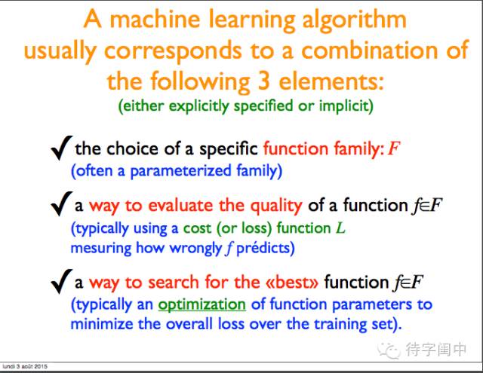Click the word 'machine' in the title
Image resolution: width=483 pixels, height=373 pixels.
pos(155,19)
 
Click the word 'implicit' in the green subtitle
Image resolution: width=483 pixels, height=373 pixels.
pos(346,106)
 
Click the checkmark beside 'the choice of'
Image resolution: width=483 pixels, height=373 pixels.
pos(61,148)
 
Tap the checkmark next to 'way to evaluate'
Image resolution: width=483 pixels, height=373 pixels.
pos(61,203)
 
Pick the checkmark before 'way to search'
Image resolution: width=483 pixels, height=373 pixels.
pos(61,281)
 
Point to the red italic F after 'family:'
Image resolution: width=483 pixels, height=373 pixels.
pos(393,148)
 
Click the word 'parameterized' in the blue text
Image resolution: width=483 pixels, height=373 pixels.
pos(180,171)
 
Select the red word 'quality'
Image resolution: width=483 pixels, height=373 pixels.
pos(276,206)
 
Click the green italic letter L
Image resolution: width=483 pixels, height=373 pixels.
pos(340,228)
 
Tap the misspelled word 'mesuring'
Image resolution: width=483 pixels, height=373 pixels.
pos(101,249)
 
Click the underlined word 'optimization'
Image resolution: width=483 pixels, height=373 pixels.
pos(202,304)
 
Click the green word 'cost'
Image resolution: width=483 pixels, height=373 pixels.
pos(197,229)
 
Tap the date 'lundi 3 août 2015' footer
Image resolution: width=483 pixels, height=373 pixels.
pos(25,366)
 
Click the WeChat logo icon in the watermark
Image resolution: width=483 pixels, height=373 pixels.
pos(389,350)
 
